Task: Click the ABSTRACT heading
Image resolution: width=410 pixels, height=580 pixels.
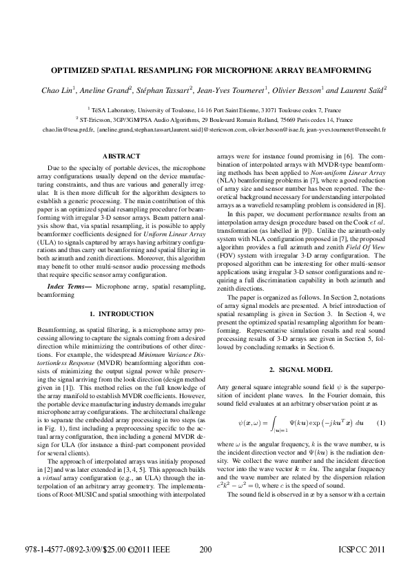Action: point(121,156)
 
